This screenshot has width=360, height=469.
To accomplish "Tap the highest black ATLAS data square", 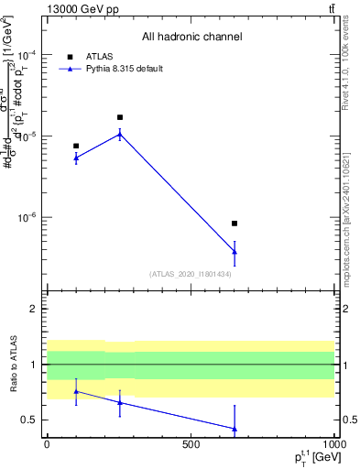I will [120, 117].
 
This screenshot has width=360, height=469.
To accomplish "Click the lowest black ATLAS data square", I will [235, 224].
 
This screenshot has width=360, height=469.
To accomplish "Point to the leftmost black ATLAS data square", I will [76, 146].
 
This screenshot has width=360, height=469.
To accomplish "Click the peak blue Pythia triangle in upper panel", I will [120, 134].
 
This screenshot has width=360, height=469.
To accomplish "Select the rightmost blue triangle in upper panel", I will [235, 251].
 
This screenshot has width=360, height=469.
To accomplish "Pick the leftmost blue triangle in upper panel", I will [76, 158].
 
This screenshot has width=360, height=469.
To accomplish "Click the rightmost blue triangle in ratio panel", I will [235, 429].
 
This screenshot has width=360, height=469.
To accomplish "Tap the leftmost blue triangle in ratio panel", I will [76, 391].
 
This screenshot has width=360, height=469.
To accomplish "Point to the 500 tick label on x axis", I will [191, 444].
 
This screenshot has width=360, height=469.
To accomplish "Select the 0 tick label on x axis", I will [48, 444].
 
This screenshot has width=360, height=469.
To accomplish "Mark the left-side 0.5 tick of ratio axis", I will [30, 420].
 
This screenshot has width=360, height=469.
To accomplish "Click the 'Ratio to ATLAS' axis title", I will [13, 365].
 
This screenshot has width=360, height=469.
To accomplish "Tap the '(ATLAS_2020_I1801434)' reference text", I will [191, 274].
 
